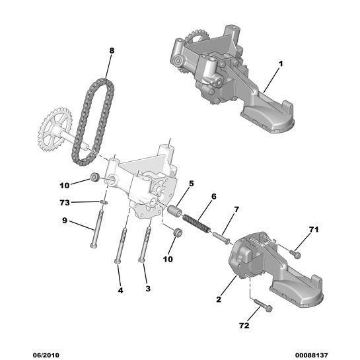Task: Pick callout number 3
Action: (147, 289)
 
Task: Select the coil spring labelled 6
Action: (197, 221)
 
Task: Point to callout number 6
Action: (213, 196)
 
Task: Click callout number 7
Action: (236, 209)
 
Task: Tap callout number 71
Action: (314, 230)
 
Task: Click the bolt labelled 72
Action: (263, 305)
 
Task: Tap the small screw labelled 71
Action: (295, 252)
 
